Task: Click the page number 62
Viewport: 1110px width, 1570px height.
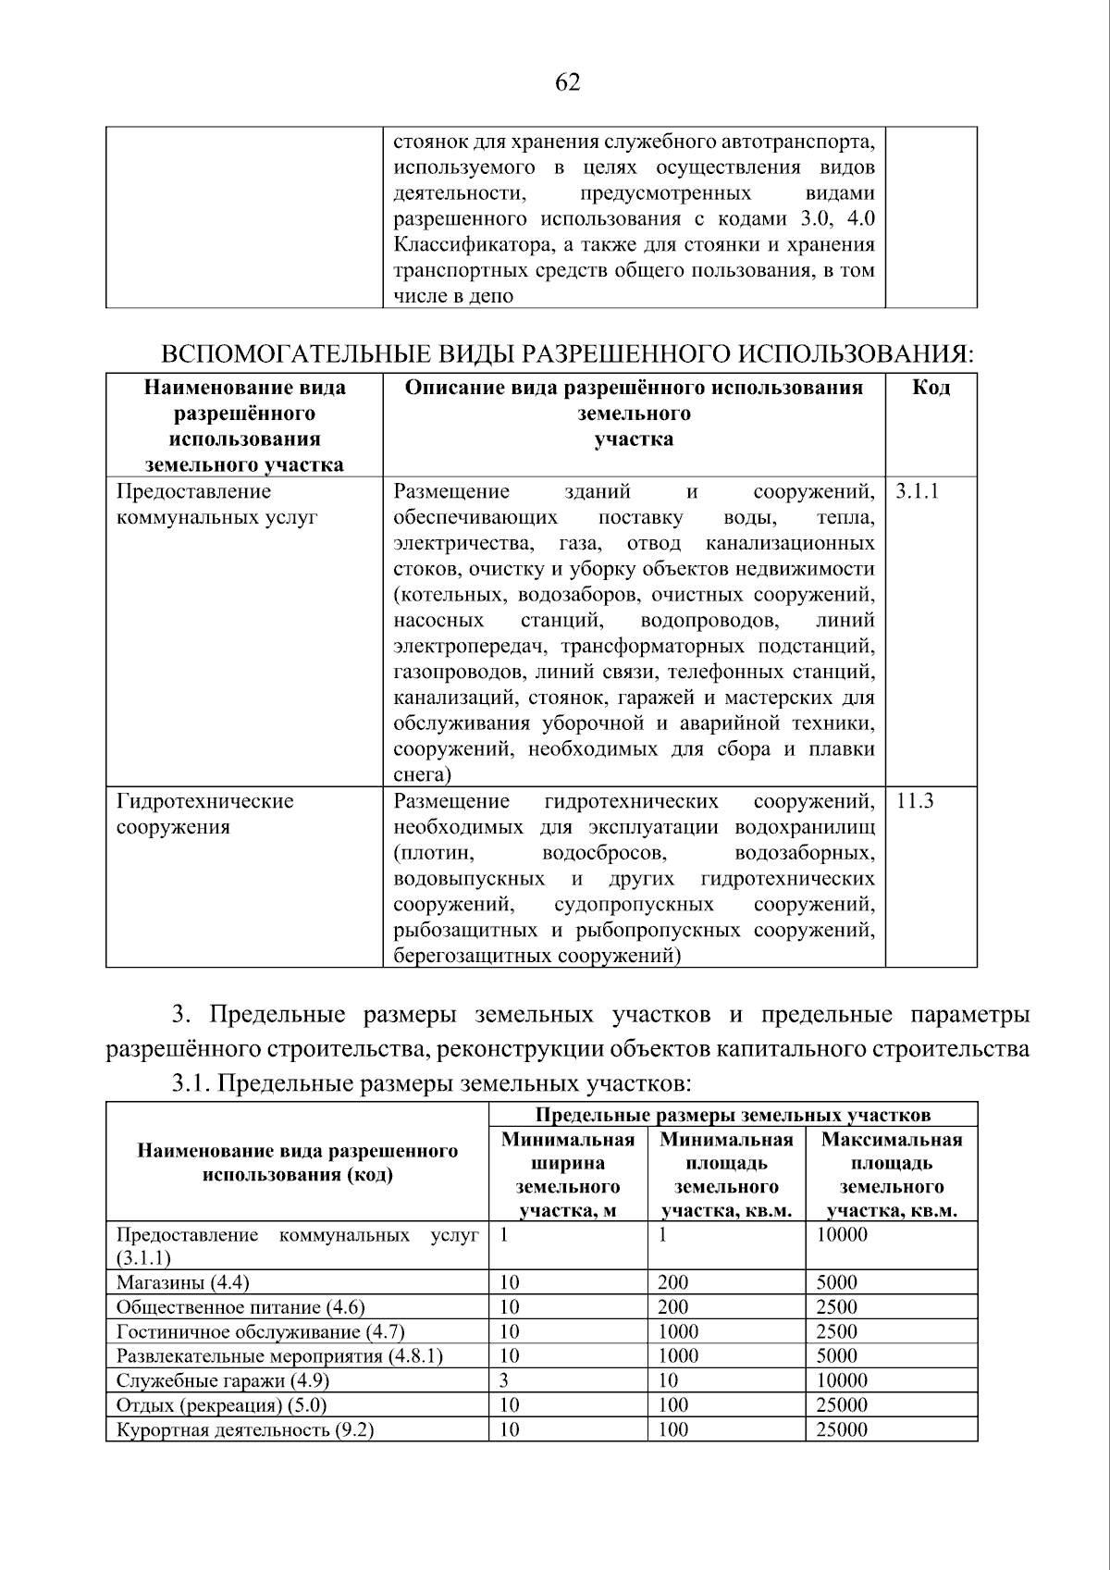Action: click(567, 83)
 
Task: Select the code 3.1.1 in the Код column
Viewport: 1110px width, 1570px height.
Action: click(917, 491)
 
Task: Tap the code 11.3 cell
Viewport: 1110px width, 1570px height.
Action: click(915, 801)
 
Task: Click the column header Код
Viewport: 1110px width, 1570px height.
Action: click(931, 388)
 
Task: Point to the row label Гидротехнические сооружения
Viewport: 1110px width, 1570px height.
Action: click(204, 814)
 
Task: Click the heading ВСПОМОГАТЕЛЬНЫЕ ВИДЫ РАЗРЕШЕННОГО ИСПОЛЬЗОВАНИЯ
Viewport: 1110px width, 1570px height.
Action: click(568, 354)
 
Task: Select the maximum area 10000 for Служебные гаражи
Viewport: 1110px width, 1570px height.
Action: click(842, 1380)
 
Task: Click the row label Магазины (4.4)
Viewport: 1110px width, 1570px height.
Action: click(183, 1282)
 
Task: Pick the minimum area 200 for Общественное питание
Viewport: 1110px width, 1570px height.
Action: click(672, 1307)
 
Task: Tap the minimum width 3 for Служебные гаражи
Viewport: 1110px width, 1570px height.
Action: click(504, 1380)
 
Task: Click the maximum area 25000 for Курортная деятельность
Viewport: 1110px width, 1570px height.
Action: click(842, 1429)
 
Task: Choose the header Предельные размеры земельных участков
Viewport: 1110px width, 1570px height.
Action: click(733, 1115)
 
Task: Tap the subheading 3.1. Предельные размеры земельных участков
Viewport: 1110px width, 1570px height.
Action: click(432, 1082)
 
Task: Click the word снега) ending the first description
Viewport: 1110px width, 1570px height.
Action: click(422, 774)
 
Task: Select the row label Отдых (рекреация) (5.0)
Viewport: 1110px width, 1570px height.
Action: click(222, 1405)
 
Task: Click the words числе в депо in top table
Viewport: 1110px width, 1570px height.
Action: click(453, 296)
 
